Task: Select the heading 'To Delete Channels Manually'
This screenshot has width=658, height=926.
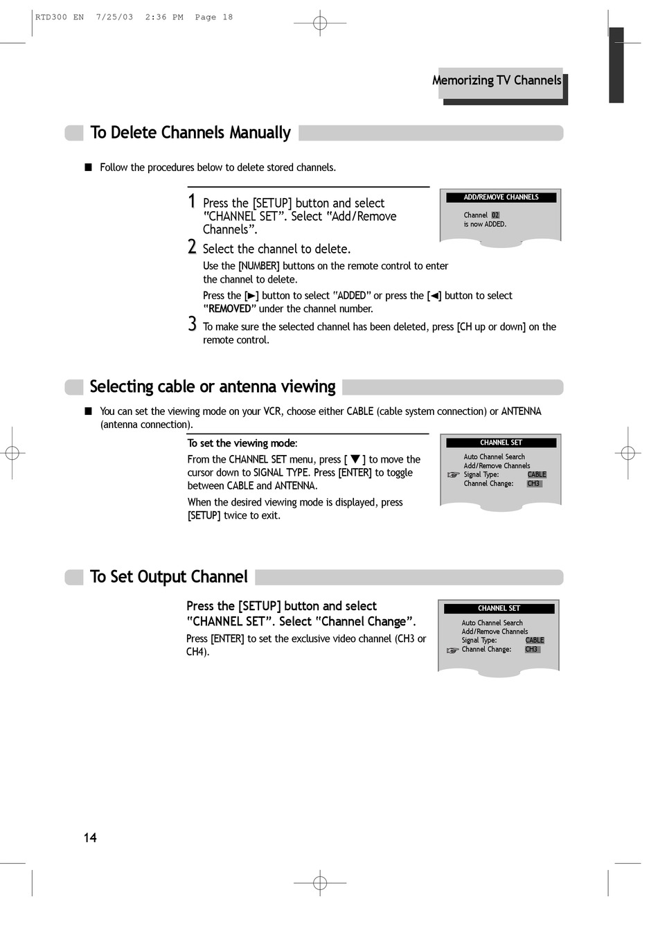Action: click(190, 133)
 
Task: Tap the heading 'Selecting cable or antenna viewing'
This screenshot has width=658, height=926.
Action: click(213, 386)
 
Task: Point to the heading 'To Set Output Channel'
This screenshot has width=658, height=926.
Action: click(168, 577)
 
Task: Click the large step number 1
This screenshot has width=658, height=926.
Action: click(191, 202)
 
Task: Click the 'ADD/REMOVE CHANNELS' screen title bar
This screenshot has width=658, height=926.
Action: click(501, 197)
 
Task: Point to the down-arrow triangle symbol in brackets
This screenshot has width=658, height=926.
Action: click(355, 459)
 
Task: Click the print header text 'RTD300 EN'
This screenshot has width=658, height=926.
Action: click(60, 17)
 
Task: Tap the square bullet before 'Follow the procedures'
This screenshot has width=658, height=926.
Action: click(88, 168)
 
